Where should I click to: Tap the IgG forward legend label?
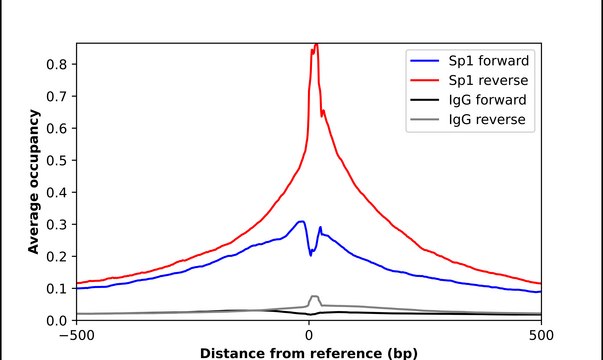tap(485, 100)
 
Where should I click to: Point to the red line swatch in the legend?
tap(421, 79)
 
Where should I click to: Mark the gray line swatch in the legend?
tap(421, 121)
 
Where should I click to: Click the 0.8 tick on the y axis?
tap(57, 64)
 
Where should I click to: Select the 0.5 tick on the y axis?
tap(57, 160)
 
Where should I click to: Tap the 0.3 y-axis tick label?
tap(57, 224)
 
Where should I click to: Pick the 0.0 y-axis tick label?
tap(57, 320)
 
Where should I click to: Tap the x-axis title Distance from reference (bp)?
tap(308, 352)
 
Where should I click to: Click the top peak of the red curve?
tap(315, 45)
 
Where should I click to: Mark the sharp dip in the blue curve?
tap(311, 254)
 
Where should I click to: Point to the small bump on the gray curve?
tap(314, 297)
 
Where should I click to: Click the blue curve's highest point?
tap(301, 221)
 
